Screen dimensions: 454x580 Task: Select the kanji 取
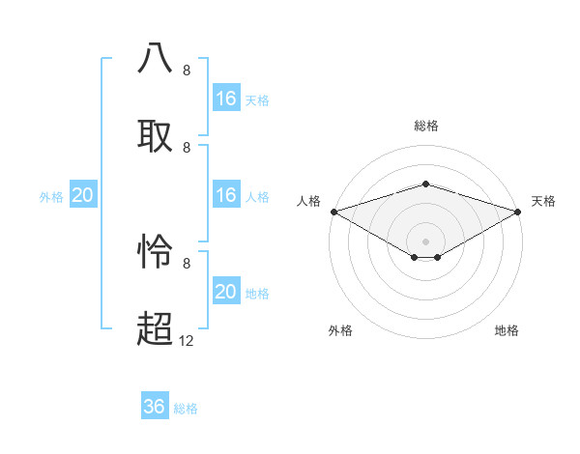tap(155, 135)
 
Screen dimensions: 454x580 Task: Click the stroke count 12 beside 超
tap(187, 340)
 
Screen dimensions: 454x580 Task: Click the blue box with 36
tap(155, 407)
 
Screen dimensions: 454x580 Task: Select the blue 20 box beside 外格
tap(83, 195)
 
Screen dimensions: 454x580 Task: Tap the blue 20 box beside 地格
tap(225, 292)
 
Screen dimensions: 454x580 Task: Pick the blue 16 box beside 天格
tap(225, 99)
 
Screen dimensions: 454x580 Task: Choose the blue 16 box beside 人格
tap(225, 195)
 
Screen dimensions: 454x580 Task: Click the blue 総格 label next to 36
tap(186, 409)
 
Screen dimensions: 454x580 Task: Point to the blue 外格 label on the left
tap(51, 197)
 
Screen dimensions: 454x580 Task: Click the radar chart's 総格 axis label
tap(425, 126)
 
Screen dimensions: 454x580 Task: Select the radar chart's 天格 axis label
tap(544, 201)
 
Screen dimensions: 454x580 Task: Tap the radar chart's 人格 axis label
tap(308, 201)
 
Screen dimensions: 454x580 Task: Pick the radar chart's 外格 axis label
tap(340, 330)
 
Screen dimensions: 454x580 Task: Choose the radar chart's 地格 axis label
tap(507, 330)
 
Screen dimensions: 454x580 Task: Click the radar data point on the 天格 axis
tap(518, 211)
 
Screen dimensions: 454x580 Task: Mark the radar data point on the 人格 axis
tap(333, 211)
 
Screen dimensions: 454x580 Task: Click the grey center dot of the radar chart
tap(425, 241)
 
